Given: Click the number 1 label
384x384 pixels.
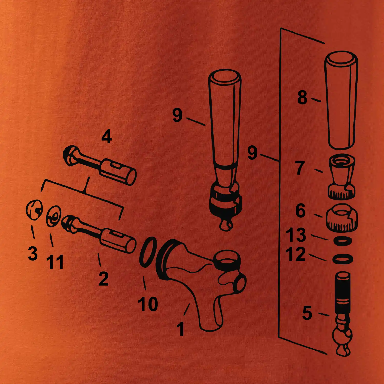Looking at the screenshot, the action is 181,329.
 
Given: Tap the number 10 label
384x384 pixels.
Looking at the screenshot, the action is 148,304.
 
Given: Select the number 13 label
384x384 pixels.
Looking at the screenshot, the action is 296,235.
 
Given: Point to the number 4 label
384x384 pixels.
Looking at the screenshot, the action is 106,137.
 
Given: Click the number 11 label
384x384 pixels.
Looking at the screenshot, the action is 55,262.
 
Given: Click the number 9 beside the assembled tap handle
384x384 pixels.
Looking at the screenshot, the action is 177,115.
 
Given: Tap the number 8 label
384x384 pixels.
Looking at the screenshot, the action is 302,98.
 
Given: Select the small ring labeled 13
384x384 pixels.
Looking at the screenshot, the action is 342,241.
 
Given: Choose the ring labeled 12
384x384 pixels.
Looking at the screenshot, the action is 343,259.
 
